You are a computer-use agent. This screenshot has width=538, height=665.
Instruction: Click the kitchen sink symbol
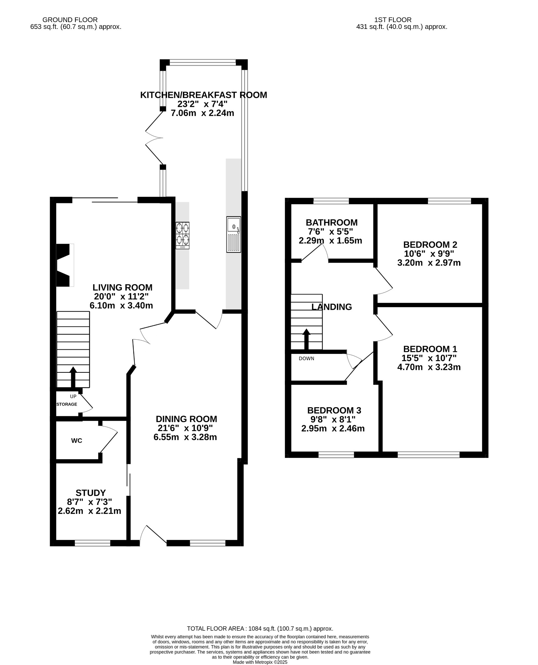point(234,234)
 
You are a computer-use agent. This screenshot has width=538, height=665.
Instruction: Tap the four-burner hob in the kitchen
point(182,235)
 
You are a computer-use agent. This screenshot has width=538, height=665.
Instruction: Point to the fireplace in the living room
point(64,265)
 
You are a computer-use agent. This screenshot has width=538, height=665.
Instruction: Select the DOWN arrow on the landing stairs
point(306,339)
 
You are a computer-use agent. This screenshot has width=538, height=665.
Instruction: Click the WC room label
point(77,441)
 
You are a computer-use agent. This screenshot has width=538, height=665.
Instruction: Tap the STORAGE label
point(67,404)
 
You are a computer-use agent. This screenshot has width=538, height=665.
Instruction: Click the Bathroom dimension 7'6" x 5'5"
point(330,232)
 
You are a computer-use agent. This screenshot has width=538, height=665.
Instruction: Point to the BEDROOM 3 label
point(334,410)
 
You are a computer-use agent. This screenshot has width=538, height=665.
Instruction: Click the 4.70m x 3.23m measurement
point(429,367)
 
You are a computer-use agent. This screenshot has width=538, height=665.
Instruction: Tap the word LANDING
point(331,307)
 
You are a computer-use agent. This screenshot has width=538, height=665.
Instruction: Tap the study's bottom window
point(93,543)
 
